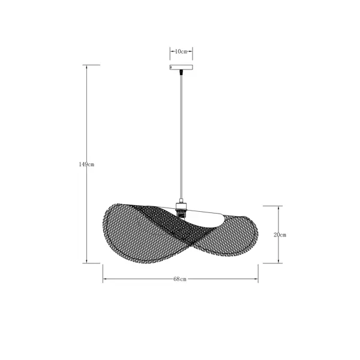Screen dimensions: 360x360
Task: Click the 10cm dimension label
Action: (x=181, y=52)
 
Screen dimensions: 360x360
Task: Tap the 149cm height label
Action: (x=86, y=164)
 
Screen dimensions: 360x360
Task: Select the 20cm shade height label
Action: (x=280, y=235)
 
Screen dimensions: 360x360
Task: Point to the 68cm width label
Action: (x=180, y=279)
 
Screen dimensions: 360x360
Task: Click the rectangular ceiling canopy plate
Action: (x=181, y=67)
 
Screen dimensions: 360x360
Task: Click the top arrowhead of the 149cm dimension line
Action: (x=86, y=67)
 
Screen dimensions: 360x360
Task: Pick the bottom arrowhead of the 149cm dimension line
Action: (x=86, y=261)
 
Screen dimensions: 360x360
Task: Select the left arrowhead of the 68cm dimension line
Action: (x=105, y=279)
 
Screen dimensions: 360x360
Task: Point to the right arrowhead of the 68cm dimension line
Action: (x=256, y=279)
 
